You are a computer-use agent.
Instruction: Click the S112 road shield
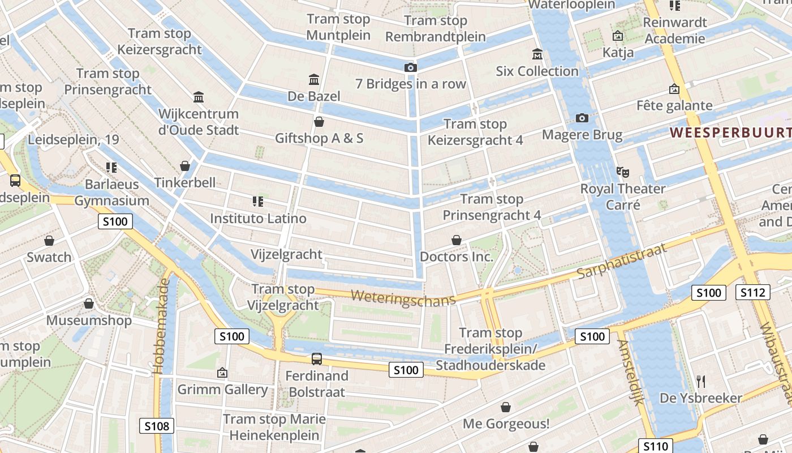(x=753, y=292)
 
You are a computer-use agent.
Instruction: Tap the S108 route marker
(x=157, y=426)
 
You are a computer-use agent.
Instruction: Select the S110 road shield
(x=656, y=446)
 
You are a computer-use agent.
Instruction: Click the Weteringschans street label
(x=403, y=297)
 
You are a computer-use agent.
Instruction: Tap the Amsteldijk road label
(x=631, y=372)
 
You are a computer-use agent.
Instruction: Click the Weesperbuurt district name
(x=730, y=133)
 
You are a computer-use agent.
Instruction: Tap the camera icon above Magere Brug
(x=582, y=118)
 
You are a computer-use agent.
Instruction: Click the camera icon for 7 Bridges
(x=411, y=67)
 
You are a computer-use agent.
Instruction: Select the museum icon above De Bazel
(x=314, y=79)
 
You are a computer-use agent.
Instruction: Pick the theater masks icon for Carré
(x=622, y=172)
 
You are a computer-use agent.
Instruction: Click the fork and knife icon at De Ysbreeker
(x=701, y=382)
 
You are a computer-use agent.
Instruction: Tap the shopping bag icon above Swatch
(x=49, y=241)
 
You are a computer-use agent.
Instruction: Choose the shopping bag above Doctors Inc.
(x=457, y=241)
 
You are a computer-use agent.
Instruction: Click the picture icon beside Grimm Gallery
(x=222, y=373)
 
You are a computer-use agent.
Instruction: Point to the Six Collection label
(x=537, y=71)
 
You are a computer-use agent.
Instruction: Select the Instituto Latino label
(x=258, y=218)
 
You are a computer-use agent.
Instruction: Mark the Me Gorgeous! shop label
(x=506, y=424)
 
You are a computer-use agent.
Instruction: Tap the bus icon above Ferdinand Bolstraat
(x=317, y=358)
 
